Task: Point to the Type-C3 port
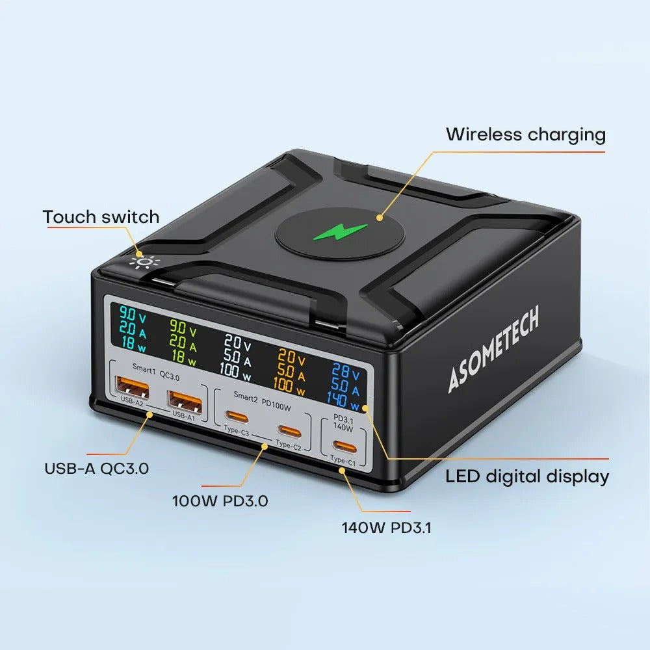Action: tap(236, 417)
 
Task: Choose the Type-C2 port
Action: tap(289, 430)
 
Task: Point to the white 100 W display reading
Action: tap(236, 371)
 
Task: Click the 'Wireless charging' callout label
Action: tap(525, 135)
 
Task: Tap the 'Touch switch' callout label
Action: tap(101, 216)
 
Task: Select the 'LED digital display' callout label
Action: tap(527, 476)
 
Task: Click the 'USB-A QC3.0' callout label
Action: tap(96, 468)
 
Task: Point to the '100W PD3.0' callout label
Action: tap(220, 501)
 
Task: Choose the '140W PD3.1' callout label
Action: tap(386, 527)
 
